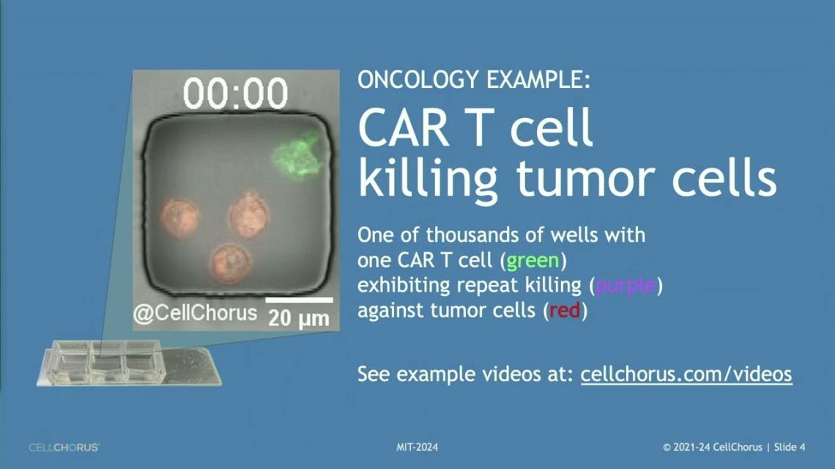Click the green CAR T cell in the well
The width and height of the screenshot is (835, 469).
click(x=297, y=155)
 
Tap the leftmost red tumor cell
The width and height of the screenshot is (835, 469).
click(x=179, y=218)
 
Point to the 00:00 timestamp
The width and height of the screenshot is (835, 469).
click(x=235, y=94)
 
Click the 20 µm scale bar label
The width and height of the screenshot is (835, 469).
click(x=299, y=318)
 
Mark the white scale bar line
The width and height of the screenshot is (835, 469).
click(x=299, y=300)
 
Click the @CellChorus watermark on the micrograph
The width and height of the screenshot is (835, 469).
click(x=195, y=313)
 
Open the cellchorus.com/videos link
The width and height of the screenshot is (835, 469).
click(x=686, y=374)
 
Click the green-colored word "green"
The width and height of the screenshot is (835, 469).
click(x=532, y=261)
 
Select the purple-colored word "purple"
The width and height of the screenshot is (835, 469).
click(x=626, y=286)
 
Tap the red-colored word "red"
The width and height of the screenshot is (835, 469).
click(x=565, y=310)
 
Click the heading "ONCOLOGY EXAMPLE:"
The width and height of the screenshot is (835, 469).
click(x=474, y=80)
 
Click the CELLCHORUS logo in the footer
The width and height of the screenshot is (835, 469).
click(x=64, y=447)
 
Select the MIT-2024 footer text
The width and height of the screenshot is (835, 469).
click(x=417, y=447)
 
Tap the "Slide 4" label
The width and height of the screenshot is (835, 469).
click(x=790, y=447)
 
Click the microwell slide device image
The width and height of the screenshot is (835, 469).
click(x=129, y=363)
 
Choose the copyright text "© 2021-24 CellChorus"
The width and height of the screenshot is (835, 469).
click(x=713, y=447)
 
